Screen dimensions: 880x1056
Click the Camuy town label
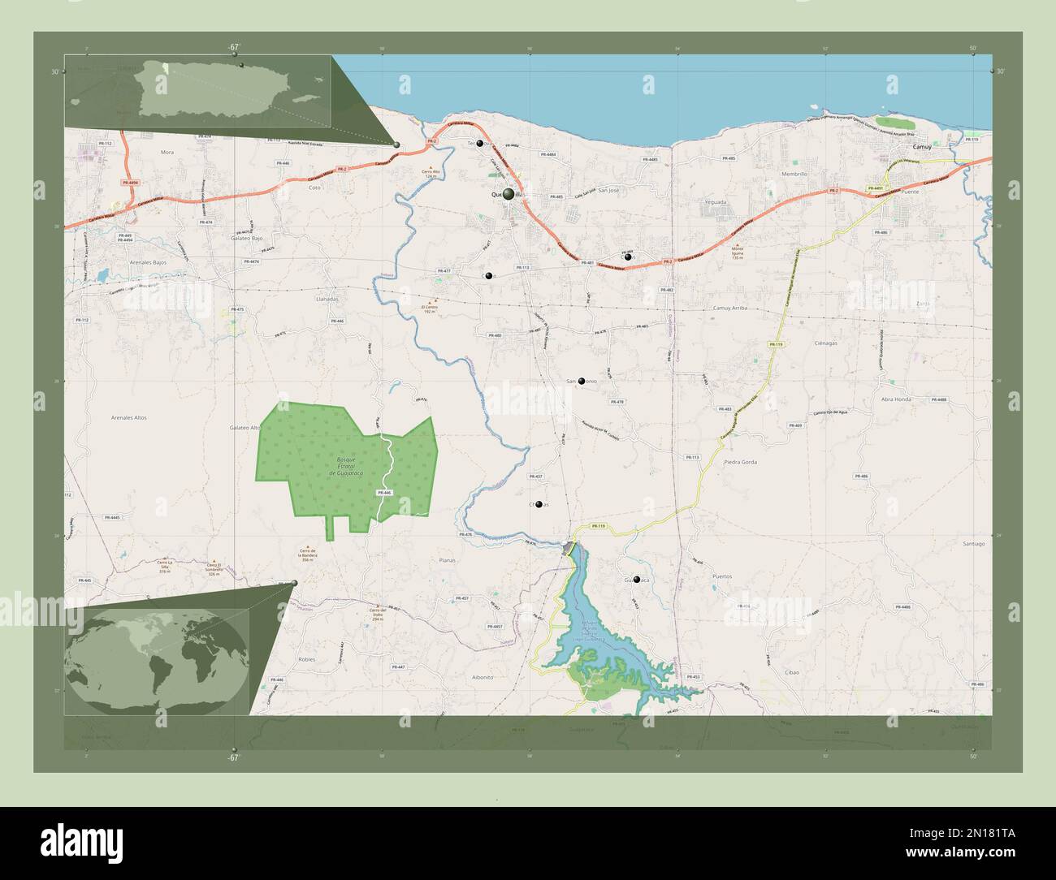[x=921, y=148]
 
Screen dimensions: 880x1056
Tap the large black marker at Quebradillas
[x=509, y=195]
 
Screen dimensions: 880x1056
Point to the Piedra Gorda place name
[x=740, y=462]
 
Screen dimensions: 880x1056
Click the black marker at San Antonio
[x=582, y=381]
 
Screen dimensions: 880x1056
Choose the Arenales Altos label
[x=129, y=417]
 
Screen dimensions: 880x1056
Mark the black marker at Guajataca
[x=637, y=580]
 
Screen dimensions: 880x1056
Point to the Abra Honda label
[x=895, y=399]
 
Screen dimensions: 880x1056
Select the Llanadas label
[x=327, y=299]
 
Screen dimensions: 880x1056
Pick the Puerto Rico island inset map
[x=198, y=91]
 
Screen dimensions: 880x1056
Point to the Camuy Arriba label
[x=729, y=308]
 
